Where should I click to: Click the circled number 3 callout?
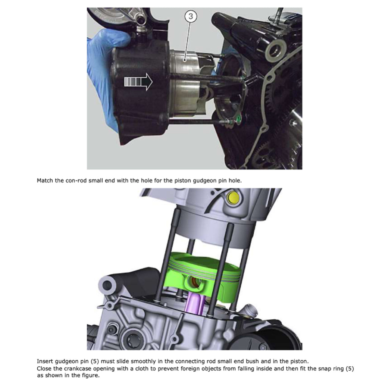click(190, 16)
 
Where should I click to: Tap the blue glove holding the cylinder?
click(100, 63)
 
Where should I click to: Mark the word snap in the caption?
click(313, 369)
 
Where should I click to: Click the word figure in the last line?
click(91, 376)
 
